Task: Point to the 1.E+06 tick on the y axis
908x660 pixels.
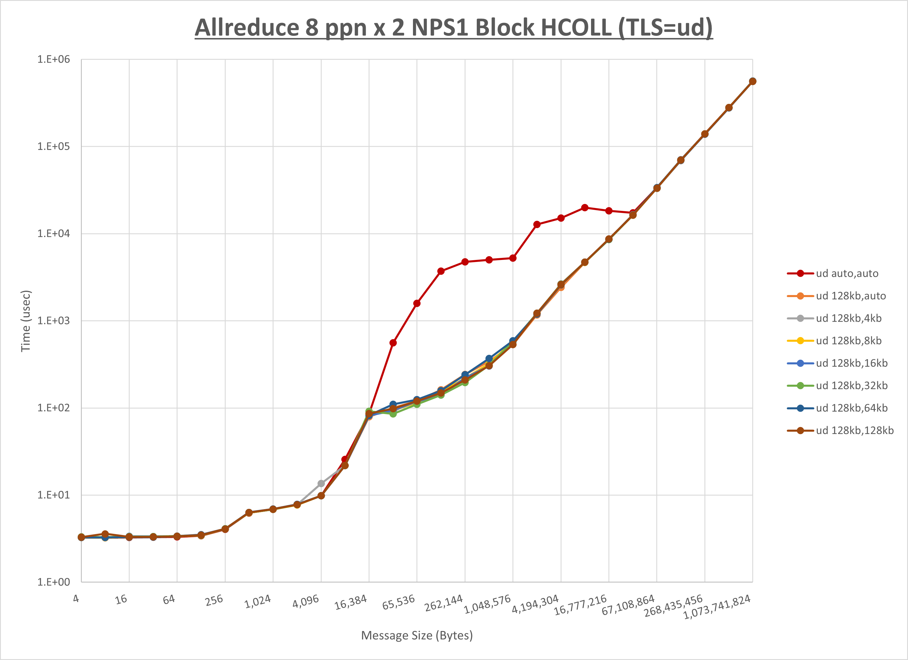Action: tap(54, 59)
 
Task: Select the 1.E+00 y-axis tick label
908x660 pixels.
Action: tap(54, 582)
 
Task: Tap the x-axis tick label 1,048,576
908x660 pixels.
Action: tap(487, 604)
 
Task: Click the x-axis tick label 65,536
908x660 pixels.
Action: tap(398, 602)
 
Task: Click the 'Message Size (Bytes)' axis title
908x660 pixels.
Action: tap(417, 636)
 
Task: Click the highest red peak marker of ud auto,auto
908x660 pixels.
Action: tap(585, 207)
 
